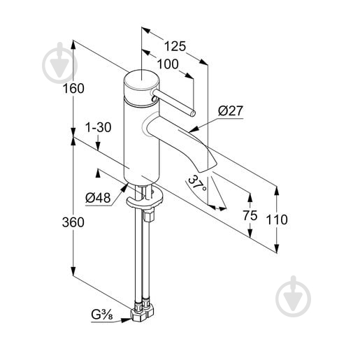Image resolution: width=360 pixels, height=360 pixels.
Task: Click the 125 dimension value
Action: [x=175, y=46]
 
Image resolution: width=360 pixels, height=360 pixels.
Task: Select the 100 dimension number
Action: [x=168, y=64]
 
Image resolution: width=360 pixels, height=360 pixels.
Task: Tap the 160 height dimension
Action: [x=73, y=89]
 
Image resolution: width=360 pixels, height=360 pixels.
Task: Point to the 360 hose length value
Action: [x=73, y=222]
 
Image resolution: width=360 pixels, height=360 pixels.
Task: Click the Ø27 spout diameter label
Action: [x=231, y=111]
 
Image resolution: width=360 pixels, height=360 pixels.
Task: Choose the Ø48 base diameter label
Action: [x=98, y=198]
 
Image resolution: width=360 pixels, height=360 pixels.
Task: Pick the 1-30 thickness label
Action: [x=99, y=127]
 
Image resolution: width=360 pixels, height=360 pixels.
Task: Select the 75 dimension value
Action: [x=250, y=215]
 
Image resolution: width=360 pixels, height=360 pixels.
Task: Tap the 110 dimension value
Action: [x=277, y=219]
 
